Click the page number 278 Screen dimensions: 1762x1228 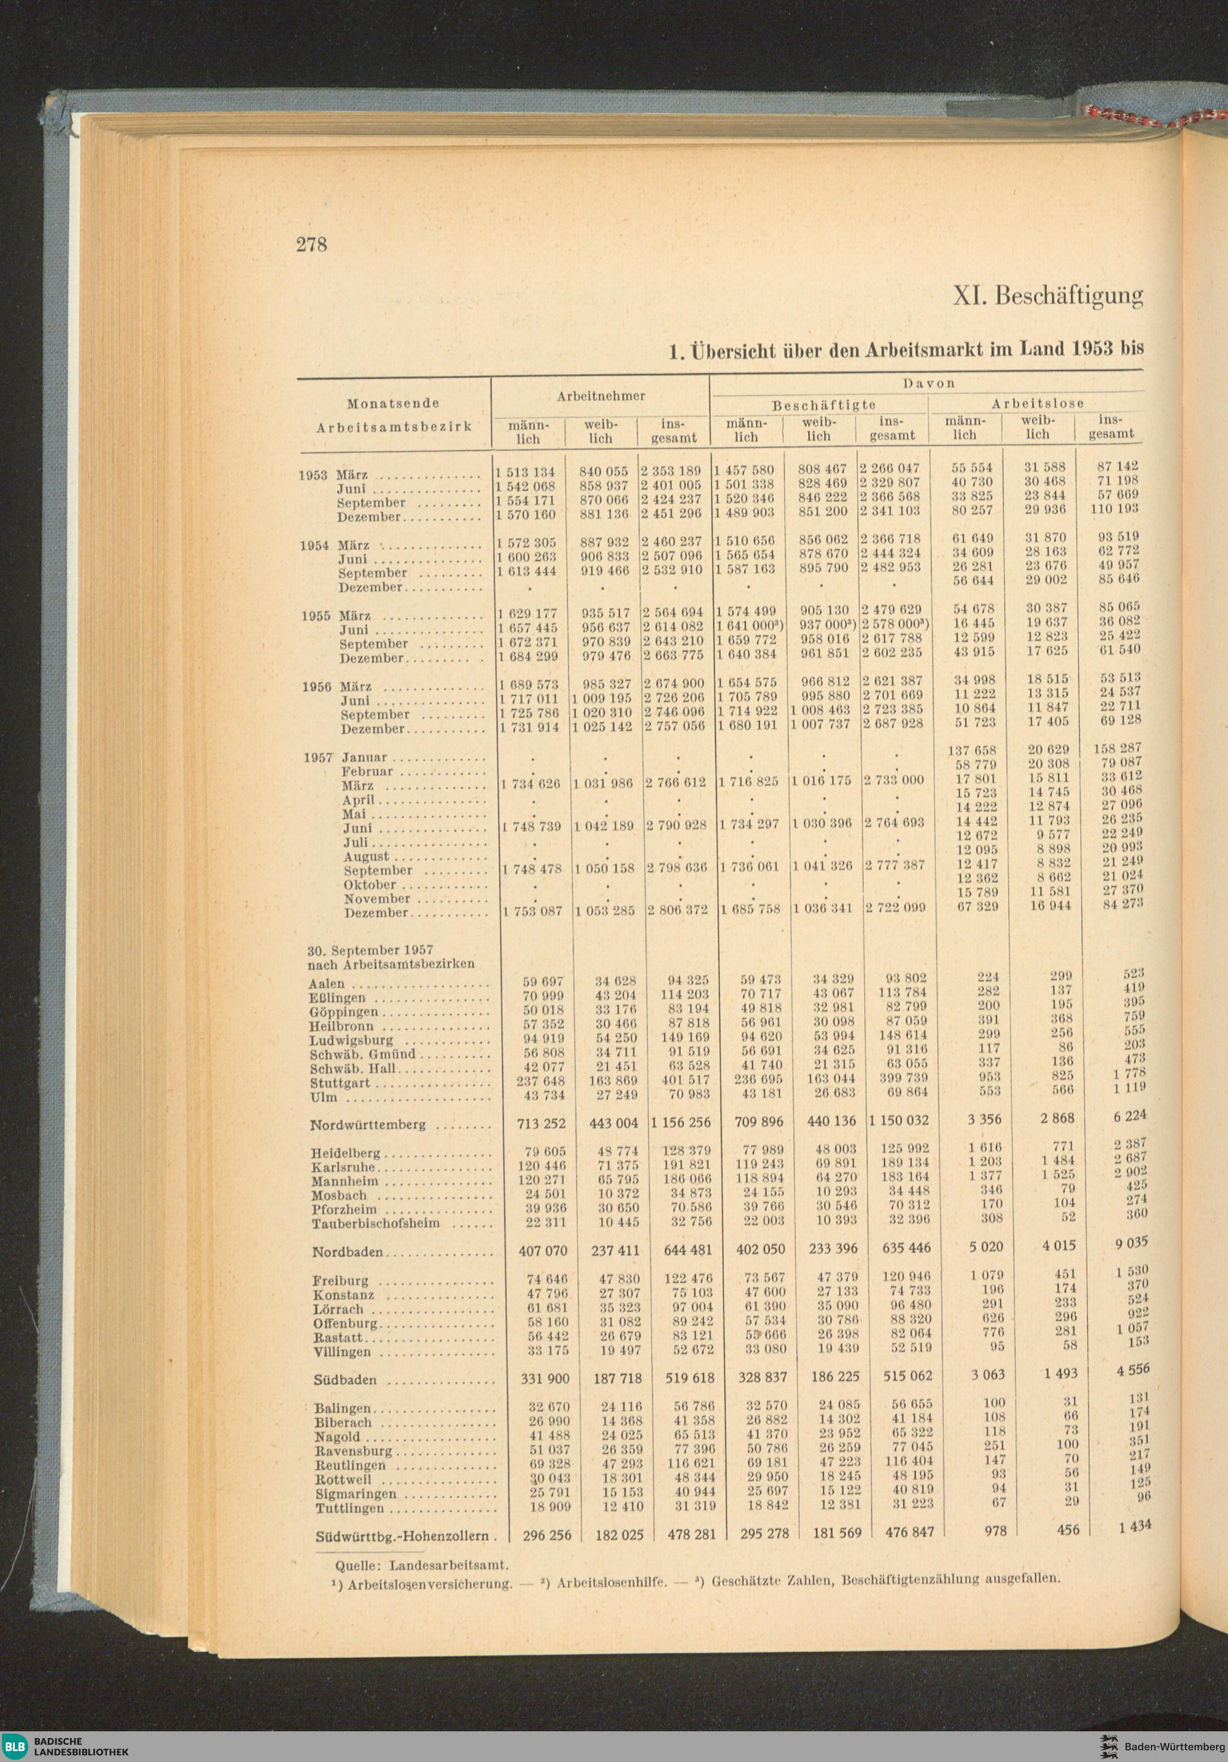coord(311,244)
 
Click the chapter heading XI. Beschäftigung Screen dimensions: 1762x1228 coord(1047,296)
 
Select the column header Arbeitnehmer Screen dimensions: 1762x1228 coord(600,396)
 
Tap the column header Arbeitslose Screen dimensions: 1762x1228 coord(1037,403)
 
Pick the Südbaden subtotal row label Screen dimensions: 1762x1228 coord(344,1380)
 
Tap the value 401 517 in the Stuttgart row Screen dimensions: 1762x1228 coord(686,1080)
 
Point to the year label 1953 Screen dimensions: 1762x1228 coord(313,475)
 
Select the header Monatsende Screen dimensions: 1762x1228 coord(393,404)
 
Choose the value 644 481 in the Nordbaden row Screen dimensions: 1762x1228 coord(688,1250)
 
